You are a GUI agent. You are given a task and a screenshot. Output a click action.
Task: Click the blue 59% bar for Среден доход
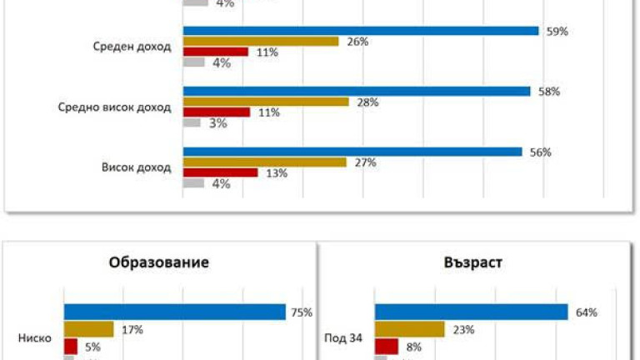pyautogui.click(x=361, y=31)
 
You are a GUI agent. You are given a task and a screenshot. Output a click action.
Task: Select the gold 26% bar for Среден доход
pyautogui.click(x=261, y=42)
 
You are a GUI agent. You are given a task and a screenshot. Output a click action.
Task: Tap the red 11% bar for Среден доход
pyautogui.click(x=216, y=52)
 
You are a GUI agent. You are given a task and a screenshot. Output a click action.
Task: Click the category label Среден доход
pyautogui.click(x=132, y=47)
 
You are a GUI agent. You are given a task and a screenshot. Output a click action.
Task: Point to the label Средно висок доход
pyautogui.click(x=114, y=107)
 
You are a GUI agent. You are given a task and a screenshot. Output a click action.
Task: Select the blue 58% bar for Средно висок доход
pyautogui.click(x=357, y=91)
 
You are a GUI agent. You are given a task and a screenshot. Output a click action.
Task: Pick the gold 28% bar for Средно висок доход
pyautogui.click(x=266, y=102)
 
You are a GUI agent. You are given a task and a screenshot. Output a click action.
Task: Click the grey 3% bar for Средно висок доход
pyautogui.click(x=192, y=122)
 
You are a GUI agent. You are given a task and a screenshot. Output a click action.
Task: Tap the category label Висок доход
pyautogui.click(x=136, y=167)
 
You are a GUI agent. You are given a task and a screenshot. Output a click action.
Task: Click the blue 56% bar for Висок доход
pyautogui.click(x=352, y=152)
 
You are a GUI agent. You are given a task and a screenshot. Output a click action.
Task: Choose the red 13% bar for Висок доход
pyautogui.click(x=220, y=172)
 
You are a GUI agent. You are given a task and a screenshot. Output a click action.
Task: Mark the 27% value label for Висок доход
pyautogui.click(x=366, y=162)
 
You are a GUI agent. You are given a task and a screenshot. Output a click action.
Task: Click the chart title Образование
pyautogui.click(x=158, y=262)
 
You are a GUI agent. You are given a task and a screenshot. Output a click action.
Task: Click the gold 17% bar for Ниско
pyautogui.click(x=89, y=329)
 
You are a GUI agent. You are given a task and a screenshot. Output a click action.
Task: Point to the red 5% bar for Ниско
pyautogui.click(x=71, y=345)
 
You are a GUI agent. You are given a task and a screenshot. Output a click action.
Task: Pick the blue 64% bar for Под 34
pyautogui.click(x=471, y=312)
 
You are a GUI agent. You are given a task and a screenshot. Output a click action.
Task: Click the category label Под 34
pyautogui.click(x=339, y=338)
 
